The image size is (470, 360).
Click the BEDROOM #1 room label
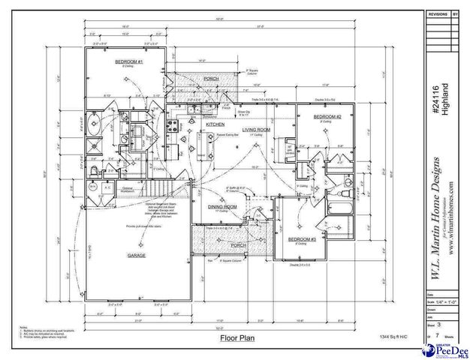pos(129,61)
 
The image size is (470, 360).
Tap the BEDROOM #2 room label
pos(327,117)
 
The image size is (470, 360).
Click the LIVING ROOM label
pos(256,129)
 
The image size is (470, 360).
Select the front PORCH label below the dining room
pos(238,245)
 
